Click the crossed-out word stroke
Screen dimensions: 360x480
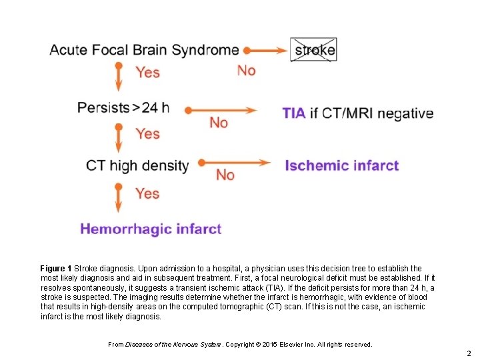pyautogui.click(x=313, y=50)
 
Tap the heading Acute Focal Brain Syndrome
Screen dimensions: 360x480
pyautogui.click(x=144, y=50)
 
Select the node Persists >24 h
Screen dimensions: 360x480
pyautogui.click(x=123, y=107)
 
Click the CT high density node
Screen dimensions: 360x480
pyautogui.click(x=137, y=165)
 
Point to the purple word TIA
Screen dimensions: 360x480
pyautogui.click(x=293, y=113)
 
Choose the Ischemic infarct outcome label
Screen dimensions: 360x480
pyautogui.click(x=341, y=165)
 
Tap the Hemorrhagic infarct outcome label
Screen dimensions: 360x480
pyautogui.click(x=151, y=229)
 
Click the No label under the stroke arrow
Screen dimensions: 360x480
pyautogui.click(x=246, y=70)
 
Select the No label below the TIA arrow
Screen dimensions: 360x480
pyautogui.click(x=218, y=123)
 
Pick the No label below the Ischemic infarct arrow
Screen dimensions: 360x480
pyautogui.click(x=225, y=175)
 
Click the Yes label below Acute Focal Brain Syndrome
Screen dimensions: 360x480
pyautogui.click(x=148, y=71)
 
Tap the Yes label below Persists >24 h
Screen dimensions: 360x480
pyautogui.click(x=147, y=133)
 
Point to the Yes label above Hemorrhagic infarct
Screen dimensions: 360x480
pyautogui.click(x=147, y=193)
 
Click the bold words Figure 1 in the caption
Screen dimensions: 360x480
pyautogui.click(x=56, y=269)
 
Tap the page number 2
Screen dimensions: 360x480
pyautogui.click(x=469, y=353)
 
